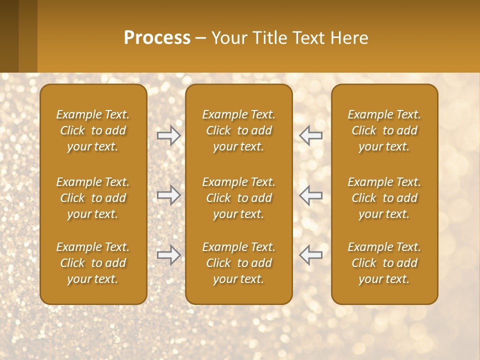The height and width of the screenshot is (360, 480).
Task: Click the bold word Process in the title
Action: click(x=157, y=38)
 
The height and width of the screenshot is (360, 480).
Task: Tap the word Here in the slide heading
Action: click(x=349, y=38)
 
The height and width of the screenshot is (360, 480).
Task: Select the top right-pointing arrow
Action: click(x=168, y=135)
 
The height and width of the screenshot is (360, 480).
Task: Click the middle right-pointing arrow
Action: click(x=168, y=194)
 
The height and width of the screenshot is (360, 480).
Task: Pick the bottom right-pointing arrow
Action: click(x=168, y=255)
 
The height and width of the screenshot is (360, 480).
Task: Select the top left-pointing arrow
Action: click(x=311, y=135)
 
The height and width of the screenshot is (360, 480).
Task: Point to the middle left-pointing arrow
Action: click(x=311, y=194)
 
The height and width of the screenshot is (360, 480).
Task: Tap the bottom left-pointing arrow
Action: click(x=311, y=255)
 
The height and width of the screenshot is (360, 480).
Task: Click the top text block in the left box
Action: click(x=93, y=130)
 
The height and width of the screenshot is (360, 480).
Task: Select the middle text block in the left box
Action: click(x=93, y=198)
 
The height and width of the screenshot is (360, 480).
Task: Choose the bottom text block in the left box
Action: click(x=93, y=263)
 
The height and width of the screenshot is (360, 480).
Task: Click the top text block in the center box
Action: click(x=238, y=130)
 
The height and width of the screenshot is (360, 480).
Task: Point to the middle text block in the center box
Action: click(x=238, y=198)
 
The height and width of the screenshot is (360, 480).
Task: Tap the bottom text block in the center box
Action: click(x=238, y=263)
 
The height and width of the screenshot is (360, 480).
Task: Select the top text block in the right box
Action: click(x=384, y=130)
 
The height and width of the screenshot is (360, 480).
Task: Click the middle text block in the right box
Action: click(x=384, y=198)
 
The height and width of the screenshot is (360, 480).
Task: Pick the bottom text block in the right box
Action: click(x=384, y=263)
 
